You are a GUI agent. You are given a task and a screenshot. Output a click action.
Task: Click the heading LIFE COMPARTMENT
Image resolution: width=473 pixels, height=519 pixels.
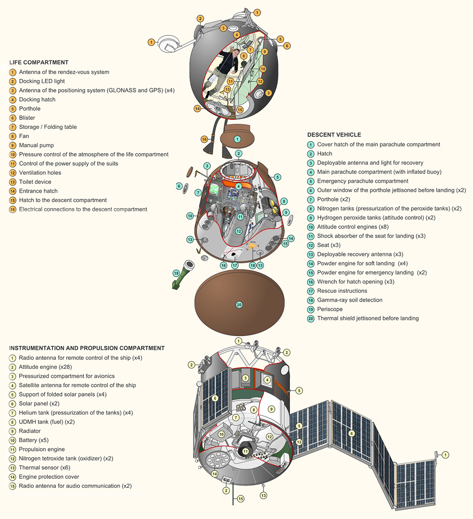click(x=39, y=62)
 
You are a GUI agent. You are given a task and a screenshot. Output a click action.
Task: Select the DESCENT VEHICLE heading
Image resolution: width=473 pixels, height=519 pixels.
click(x=334, y=135)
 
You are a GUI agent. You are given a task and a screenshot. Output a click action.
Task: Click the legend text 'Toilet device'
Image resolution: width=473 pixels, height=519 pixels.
click(x=35, y=182)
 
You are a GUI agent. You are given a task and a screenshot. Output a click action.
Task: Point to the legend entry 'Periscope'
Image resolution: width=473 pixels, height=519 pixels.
click(x=330, y=309)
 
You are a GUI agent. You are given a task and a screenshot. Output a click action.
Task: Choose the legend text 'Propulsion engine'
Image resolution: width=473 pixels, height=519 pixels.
click(x=42, y=449)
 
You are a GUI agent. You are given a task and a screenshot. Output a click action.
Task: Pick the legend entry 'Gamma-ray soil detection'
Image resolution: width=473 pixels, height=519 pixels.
click(x=350, y=300)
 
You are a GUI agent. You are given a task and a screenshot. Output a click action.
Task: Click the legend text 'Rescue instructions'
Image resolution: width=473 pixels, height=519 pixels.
click(x=342, y=291)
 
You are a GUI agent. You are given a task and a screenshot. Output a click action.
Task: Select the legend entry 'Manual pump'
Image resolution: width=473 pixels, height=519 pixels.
click(x=36, y=145)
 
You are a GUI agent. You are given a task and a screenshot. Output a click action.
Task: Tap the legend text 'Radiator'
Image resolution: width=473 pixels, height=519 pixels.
click(x=29, y=431)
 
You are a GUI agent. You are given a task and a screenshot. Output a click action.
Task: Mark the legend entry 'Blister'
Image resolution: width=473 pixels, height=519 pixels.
click(x=27, y=118)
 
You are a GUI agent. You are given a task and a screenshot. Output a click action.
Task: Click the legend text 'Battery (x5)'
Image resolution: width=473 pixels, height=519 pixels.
click(x=34, y=440)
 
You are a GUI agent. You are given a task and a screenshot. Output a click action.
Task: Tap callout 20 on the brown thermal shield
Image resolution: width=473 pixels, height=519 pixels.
click(x=239, y=305)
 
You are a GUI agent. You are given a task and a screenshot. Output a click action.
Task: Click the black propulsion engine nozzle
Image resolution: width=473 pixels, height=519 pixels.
click(x=245, y=451)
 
